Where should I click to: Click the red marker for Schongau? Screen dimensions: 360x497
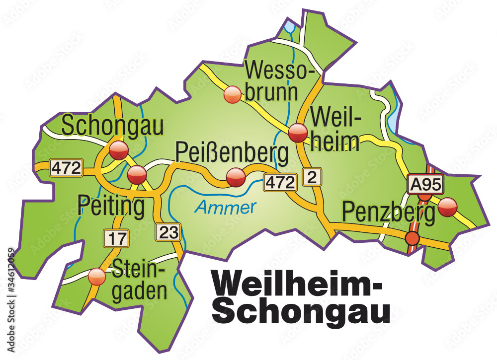click(x=119, y=149)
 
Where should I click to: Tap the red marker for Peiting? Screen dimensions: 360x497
click(x=137, y=175)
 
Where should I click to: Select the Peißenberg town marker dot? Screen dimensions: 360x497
click(x=236, y=177)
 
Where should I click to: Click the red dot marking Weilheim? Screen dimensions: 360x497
click(x=298, y=132)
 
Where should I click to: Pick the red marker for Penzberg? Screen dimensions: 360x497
click(x=447, y=207)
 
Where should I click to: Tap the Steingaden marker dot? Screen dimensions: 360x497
click(x=96, y=277)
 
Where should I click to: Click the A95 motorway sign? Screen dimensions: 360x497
click(x=425, y=185)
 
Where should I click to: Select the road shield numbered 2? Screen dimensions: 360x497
click(x=312, y=177)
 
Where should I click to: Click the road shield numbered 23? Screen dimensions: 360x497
click(x=167, y=231)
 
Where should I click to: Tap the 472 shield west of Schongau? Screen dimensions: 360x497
click(x=66, y=168)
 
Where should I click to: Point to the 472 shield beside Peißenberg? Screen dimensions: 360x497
click(x=280, y=182)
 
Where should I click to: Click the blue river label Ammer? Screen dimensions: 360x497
click(x=225, y=207)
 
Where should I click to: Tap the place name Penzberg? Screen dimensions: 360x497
click(x=388, y=213)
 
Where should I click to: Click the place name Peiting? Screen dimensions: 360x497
click(x=111, y=206)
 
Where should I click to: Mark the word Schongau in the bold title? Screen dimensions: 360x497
click(x=304, y=311)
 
